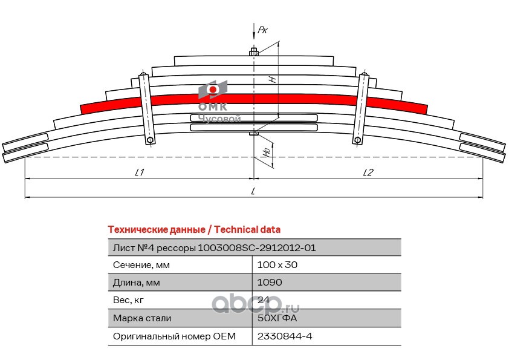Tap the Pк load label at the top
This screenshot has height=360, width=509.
tap(262, 30)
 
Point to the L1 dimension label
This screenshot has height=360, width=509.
tap(140, 172)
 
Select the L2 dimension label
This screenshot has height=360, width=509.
tap(368, 172)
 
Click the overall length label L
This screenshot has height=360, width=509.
tap(253, 191)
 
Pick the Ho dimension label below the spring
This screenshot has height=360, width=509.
tap(267, 152)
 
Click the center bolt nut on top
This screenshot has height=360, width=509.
tap(254, 52)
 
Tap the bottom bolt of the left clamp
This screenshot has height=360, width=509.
tap(150, 140)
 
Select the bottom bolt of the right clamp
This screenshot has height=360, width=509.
tap(357, 140)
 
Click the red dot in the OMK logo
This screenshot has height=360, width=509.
tap(213, 90)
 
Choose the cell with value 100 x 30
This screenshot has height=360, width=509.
tap(277, 265)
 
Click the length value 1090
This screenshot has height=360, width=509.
tap(270, 283)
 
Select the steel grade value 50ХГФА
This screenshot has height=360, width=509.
tap(277, 318)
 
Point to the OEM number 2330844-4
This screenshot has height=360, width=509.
tap(285, 336)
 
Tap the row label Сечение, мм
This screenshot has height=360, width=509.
tap(141, 265)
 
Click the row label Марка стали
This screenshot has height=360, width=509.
tap(142, 318)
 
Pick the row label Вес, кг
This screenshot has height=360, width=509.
tap(128, 300)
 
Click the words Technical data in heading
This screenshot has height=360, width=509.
tap(247, 230)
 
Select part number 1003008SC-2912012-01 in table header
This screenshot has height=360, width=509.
tap(257, 248)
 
